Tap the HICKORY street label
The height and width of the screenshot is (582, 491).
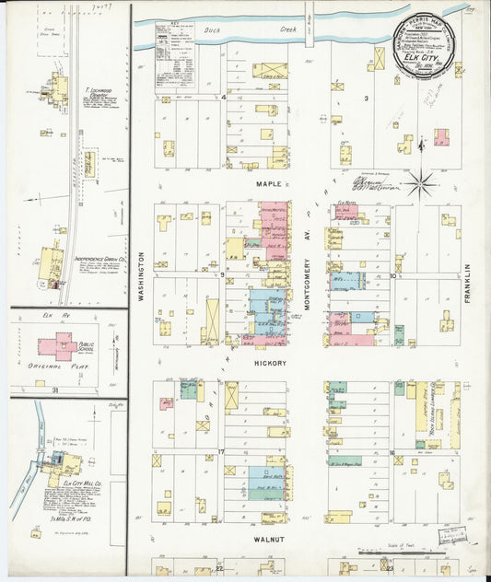pos(271,363)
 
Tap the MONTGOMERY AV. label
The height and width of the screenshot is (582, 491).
pos(311,275)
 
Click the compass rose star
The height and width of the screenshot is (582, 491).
pos(423,183)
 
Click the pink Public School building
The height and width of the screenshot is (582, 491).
pos(61,346)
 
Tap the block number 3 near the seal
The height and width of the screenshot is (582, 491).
pos(366,98)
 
